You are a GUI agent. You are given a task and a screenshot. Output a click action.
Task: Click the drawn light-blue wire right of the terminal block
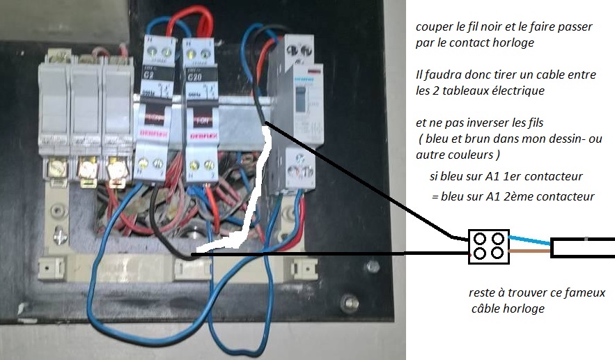point(529,237)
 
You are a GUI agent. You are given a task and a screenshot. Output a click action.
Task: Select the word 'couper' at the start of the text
point(430,27)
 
